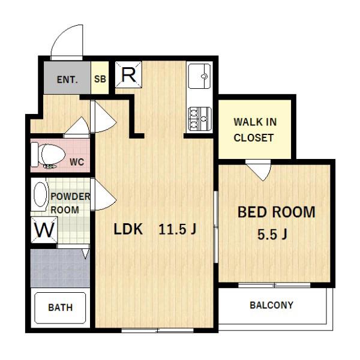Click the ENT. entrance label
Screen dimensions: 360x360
67,80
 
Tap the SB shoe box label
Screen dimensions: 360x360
100,79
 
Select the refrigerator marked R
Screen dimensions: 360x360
128,74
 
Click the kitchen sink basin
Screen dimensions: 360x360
199,76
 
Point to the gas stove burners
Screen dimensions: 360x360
200,119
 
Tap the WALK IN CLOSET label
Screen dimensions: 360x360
255,130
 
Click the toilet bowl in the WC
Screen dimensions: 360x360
52,154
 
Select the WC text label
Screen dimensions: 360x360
77,162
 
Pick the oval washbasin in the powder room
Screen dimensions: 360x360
40,194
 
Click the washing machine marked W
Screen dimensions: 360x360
44,230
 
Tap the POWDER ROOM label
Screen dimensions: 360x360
70,203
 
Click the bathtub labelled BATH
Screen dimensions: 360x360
60,308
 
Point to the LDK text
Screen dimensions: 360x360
128,229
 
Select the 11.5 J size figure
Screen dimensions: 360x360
177,229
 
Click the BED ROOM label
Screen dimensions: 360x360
276,212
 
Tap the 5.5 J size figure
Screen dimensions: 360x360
272,235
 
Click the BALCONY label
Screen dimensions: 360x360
271,305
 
